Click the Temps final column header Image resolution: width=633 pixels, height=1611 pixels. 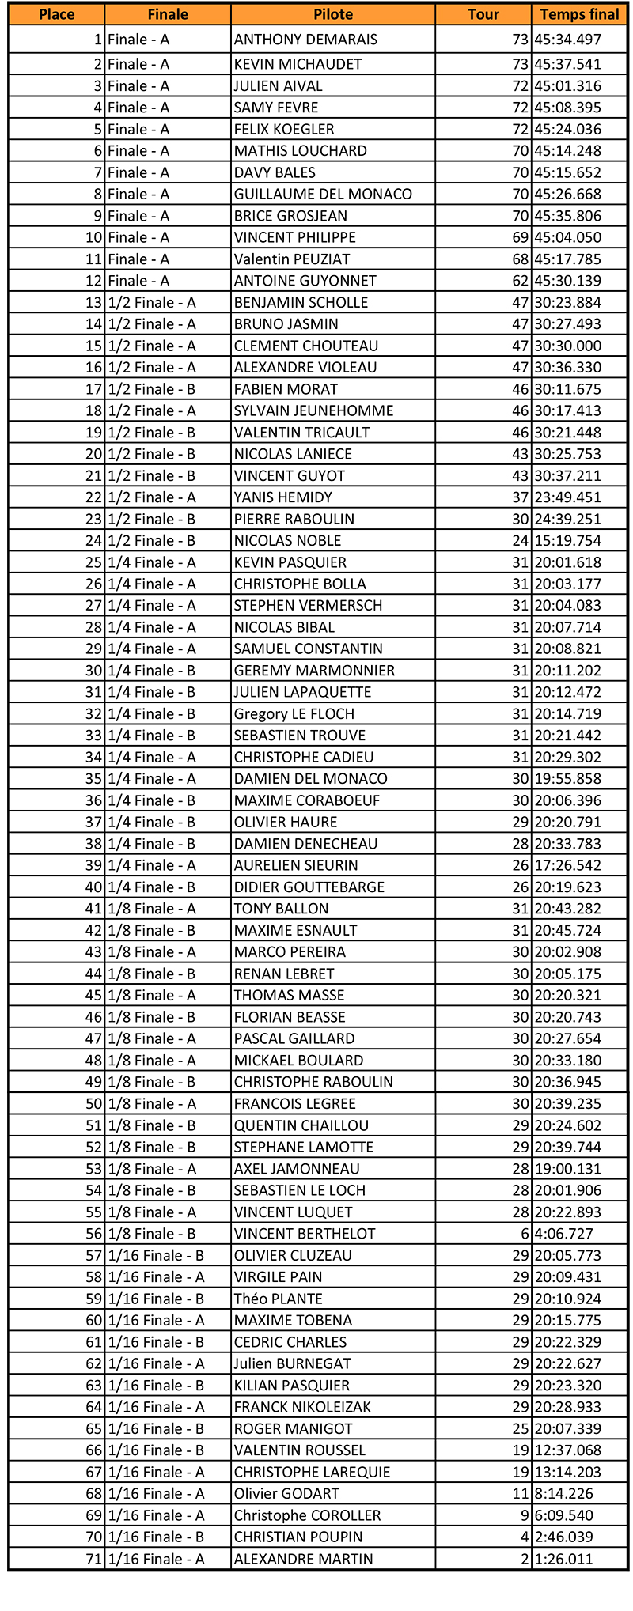[579, 14]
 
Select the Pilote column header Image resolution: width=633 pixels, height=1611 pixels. [333, 14]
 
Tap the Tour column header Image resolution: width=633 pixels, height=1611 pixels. [483, 14]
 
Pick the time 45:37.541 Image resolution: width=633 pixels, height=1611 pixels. [567, 64]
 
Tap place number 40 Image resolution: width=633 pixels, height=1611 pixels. [94, 887]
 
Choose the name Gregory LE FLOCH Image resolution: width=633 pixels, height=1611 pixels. [294, 714]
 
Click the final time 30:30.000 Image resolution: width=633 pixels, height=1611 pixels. [567, 346]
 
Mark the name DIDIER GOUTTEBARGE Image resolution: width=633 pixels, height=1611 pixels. [309, 887]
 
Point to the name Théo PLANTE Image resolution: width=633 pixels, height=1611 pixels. [278, 1299]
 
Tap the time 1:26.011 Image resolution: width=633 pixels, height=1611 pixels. [563, 1559]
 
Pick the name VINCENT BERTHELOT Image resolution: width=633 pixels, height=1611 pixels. [305, 1234]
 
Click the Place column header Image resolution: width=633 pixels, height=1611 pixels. [57, 14]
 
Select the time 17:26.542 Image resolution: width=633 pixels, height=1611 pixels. [567, 865]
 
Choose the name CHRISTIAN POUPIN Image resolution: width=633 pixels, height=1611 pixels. [298, 1537]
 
